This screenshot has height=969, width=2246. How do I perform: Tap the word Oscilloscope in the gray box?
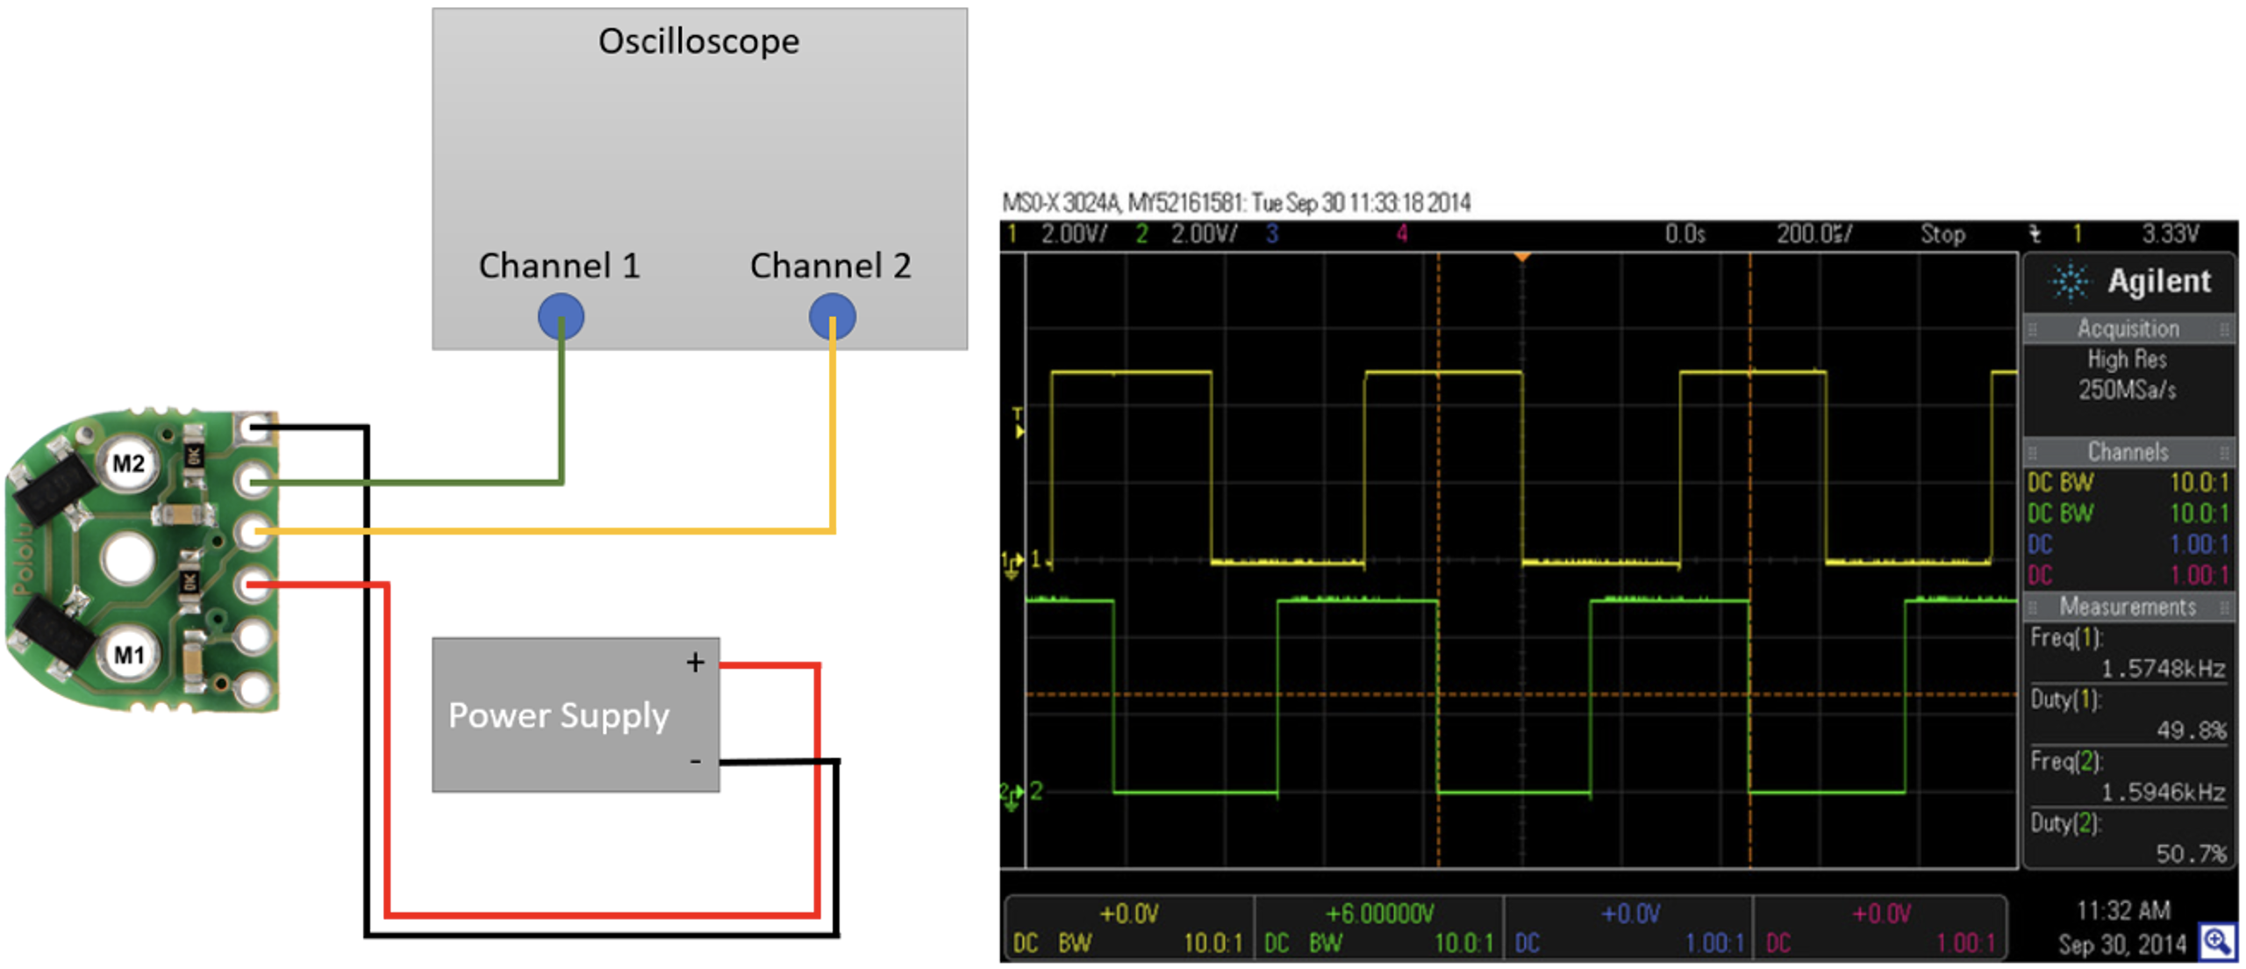698,41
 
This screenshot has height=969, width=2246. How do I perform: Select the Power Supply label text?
558,715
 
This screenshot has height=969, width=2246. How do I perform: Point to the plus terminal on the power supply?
695,662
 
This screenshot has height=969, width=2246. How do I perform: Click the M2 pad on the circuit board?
128,463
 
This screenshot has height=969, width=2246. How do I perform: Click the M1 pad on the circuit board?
128,655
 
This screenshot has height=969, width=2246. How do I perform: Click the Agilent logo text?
2158,281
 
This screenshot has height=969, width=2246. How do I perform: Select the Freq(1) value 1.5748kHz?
2162,669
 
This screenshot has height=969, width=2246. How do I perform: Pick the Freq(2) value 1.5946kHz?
2162,793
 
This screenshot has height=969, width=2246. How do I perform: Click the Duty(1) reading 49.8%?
2190,730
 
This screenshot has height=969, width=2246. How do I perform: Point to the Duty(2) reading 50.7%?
2190,854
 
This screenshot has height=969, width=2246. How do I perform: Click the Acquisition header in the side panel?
2128,328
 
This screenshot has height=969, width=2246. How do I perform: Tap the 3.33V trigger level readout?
2170,233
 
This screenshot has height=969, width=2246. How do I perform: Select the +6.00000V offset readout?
1379,914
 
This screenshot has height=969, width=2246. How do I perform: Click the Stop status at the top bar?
1942,233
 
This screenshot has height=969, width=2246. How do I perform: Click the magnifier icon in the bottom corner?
2217,942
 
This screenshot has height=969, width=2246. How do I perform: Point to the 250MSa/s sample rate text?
2127,389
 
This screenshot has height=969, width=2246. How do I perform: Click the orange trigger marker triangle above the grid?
1522,257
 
